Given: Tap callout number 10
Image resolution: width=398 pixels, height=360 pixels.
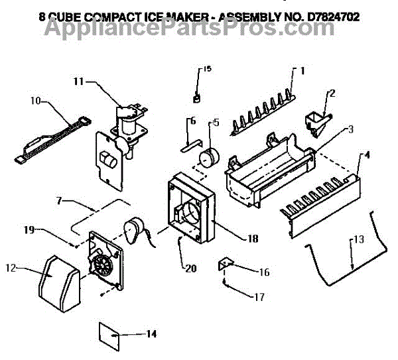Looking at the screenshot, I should click(35, 101).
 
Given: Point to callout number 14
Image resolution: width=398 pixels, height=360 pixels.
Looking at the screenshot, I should click(151, 333).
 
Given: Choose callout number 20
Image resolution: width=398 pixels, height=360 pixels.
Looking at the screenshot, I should click(192, 269).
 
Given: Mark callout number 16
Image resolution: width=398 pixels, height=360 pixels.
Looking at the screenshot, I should click(264, 272).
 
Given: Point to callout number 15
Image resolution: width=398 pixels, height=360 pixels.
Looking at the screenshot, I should click(207, 69).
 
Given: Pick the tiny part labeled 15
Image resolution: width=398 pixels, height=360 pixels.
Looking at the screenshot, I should click(196, 98).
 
